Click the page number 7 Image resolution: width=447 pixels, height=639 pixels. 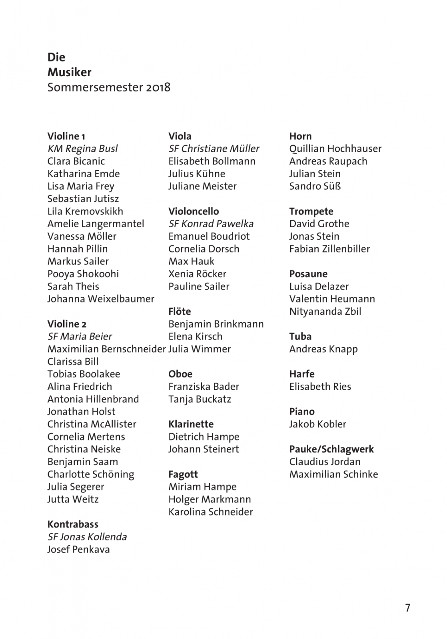407,608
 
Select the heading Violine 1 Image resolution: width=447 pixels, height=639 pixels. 66,136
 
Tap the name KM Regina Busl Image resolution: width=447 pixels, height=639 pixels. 82,149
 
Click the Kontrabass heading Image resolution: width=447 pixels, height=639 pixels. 73,524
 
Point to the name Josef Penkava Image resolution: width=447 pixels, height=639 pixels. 78,550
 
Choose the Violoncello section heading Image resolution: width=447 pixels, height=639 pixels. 194,211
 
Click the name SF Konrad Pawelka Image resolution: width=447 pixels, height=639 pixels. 211,224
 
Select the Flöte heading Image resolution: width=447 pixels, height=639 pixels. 180,312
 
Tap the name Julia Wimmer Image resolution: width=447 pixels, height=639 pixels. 200,349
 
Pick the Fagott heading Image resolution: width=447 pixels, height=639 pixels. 183,474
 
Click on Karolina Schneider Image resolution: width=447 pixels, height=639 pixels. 211,512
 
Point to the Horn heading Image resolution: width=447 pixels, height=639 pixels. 300,136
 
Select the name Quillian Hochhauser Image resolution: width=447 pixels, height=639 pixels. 335,149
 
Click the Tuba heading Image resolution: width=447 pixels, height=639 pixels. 300,337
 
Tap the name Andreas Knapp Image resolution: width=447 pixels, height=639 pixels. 323,349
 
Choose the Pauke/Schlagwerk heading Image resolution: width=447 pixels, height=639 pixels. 331,449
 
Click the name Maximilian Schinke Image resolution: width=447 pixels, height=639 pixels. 333,474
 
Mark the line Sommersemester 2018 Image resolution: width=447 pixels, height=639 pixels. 109,87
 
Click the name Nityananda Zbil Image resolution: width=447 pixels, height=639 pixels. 325,312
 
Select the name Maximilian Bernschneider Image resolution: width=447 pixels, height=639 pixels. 106,349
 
